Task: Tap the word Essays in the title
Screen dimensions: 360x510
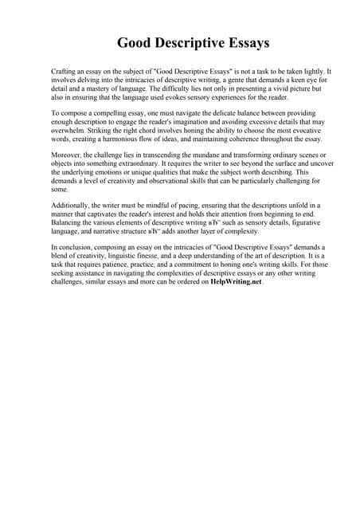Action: coord(245,43)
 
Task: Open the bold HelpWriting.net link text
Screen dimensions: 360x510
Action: coord(236,282)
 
